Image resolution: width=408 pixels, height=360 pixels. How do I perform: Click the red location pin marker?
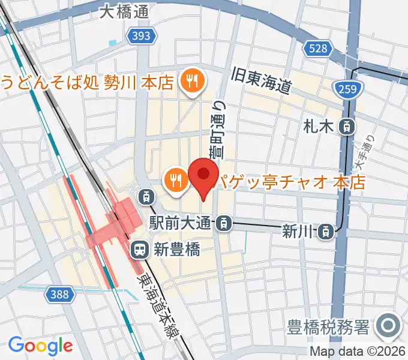click(x=203, y=176)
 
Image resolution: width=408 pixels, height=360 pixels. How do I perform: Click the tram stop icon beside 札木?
click(x=346, y=127)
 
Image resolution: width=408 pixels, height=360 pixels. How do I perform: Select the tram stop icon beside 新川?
click(x=325, y=229)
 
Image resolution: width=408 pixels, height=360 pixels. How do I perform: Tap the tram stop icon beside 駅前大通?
click(x=223, y=224)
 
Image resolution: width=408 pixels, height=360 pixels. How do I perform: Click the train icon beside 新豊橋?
click(x=139, y=248)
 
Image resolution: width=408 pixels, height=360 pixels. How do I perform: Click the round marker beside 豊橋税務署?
click(x=388, y=328)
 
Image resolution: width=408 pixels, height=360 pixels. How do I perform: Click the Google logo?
click(x=40, y=346)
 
